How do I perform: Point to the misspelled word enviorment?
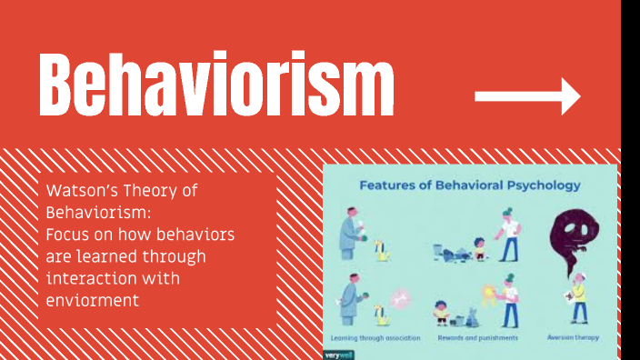point(92,299)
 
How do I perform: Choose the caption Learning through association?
point(375,338)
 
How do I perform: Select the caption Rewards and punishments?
point(478,338)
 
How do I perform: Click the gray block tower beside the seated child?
point(471,316)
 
